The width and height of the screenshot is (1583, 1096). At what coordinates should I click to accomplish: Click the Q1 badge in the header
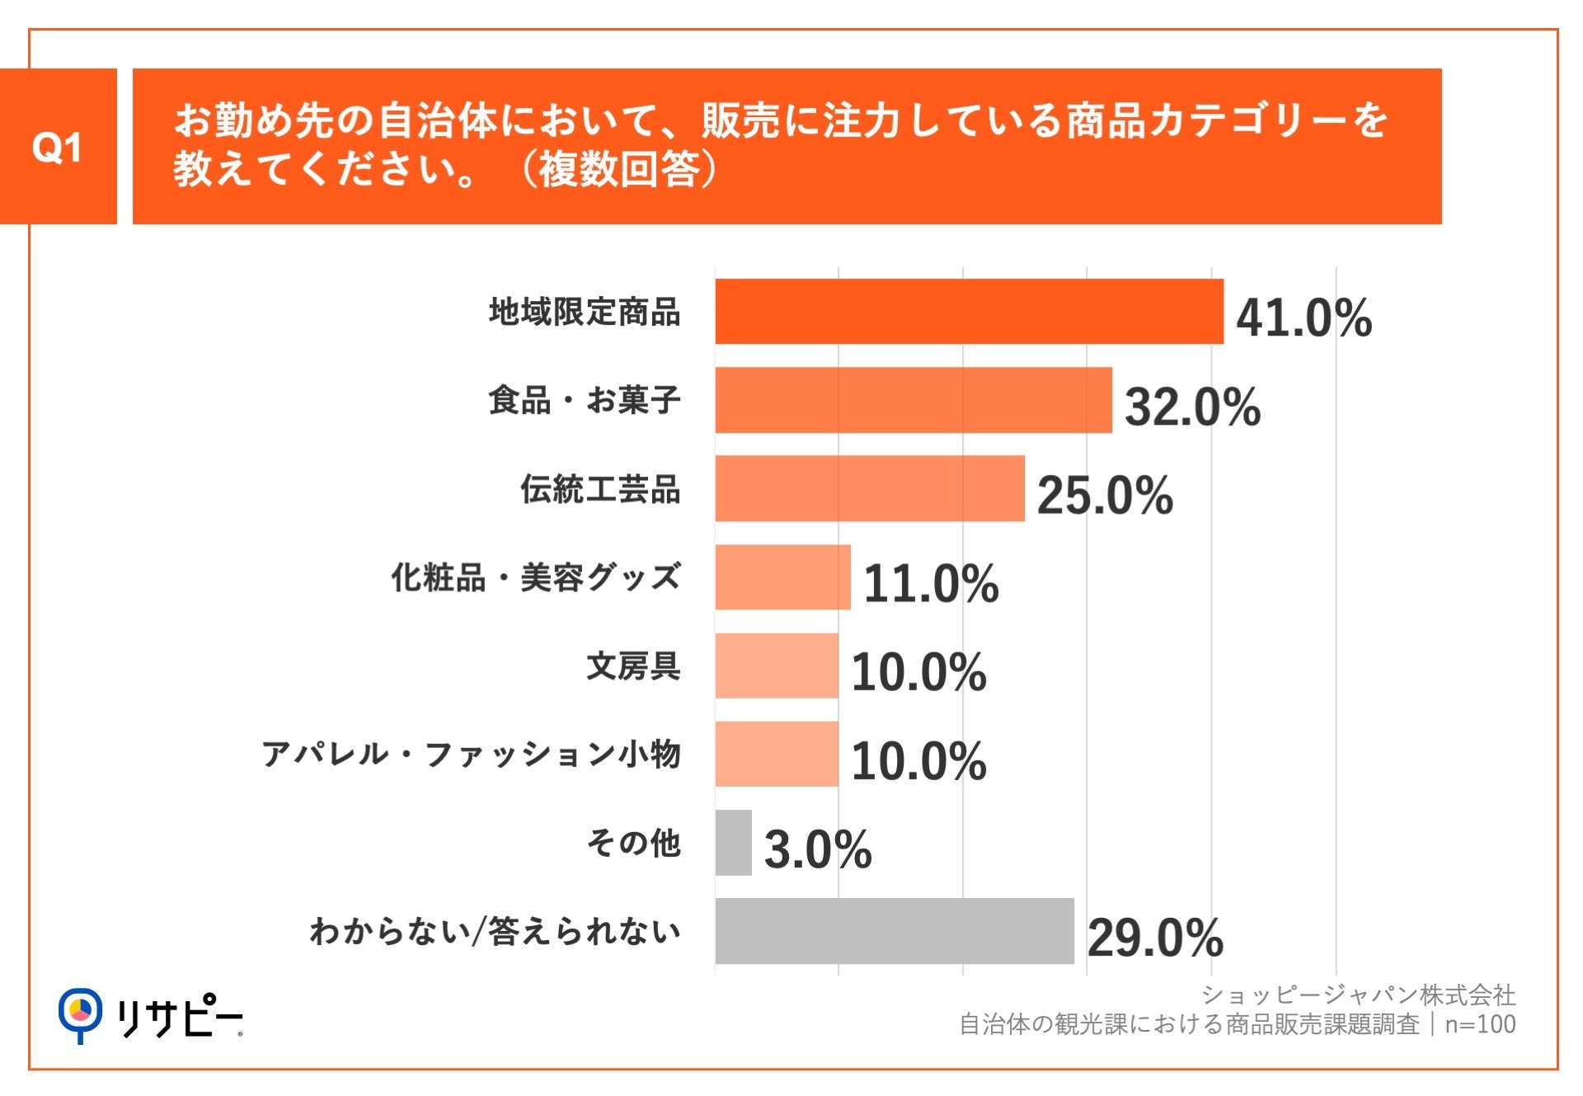pyautogui.click(x=57, y=147)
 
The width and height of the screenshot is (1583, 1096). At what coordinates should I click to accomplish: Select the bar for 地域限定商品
pyautogui.click(x=969, y=312)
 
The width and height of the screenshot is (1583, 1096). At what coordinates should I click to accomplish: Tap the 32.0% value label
pyautogui.click(x=1192, y=407)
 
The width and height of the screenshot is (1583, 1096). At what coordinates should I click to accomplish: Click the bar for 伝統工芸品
pyautogui.click(x=869, y=488)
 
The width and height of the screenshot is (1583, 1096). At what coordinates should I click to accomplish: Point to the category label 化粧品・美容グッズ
pyautogui.click(x=535, y=577)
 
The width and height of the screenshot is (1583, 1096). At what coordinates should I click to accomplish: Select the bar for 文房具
pyautogui.click(x=776, y=666)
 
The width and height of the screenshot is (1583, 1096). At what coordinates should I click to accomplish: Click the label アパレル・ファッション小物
pyautogui.click(x=471, y=754)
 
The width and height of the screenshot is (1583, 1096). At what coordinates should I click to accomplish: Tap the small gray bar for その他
pyautogui.click(x=733, y=843)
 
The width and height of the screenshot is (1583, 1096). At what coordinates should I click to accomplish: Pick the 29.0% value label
pyautogui.click(x=1155, y=938)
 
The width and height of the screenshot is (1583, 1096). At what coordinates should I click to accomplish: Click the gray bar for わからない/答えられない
pyautogui.click(x=894, y=931)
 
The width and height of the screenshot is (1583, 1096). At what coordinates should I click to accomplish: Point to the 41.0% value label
pyautogui.click(x=1304, y=318)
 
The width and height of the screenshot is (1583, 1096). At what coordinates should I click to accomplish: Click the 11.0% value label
pyautogui.click(x=931, y=584)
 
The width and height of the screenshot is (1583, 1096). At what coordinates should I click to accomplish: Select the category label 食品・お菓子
pyautogui.click(x=584, y=400)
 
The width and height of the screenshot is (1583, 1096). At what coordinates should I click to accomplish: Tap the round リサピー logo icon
pyautogui.click(x=80, y=1014)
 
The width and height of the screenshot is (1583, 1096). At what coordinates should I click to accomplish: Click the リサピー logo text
pyautogui.click(x=179, y=1017)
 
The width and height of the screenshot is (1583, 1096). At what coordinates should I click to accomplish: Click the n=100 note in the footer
pyautogui.click(x=1480, y=1024)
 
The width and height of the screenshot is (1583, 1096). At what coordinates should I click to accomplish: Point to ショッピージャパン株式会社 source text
pyautogui.click(x=1358, y=995)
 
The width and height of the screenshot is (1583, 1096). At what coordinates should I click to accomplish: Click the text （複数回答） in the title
pyautogui.click(x=618, y=170)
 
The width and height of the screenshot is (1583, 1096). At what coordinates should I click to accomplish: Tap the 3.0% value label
pyautogui.click(x=817, y=849)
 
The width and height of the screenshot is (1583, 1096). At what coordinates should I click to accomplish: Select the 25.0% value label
pyautogui.click(x=1104, y=496)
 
